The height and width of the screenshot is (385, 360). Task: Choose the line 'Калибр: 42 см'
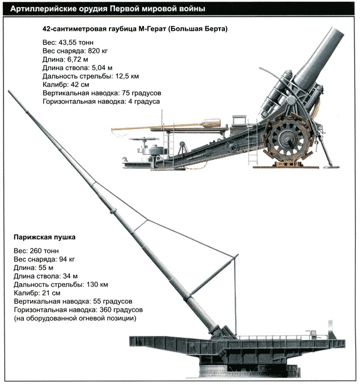[x=67, y=85]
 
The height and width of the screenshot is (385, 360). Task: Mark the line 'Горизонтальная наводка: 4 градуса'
[x=102, y=102]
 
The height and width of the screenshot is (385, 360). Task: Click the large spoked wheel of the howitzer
[x=288, y=137]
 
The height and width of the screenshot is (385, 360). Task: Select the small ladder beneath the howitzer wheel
[x=253, y=156]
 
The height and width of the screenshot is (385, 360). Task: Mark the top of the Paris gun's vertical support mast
[x=237, y=255]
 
